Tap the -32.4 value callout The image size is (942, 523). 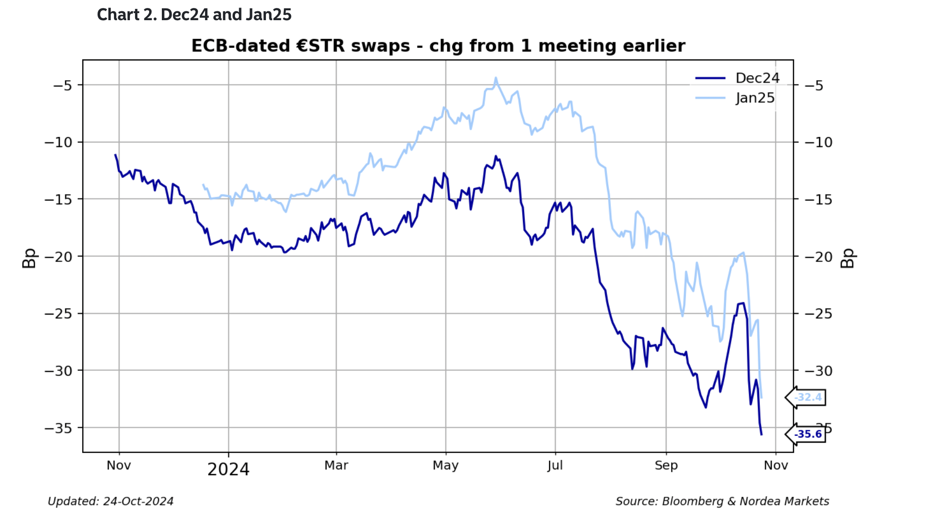point(808,397)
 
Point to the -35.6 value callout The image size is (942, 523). point(808,434)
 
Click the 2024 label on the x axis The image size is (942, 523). point(228,469)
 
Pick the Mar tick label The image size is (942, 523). point(336,465)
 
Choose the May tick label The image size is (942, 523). point(445,465)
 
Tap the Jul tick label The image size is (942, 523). point(555,465)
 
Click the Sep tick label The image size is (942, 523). point(666,465)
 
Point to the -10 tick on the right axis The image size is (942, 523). point(819,142)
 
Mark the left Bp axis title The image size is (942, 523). point(29,258)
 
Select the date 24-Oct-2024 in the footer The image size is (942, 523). point(138,501)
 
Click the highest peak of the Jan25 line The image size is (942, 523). point(495,78)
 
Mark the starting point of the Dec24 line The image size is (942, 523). point(115,154)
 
